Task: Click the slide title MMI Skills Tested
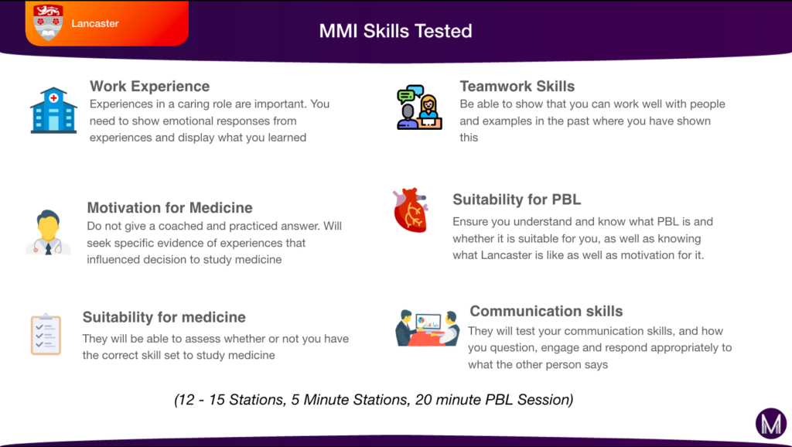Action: click(x=395, y=31)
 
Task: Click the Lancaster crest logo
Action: click(x=49, y=22)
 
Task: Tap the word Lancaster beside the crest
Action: click(x=95, y=23)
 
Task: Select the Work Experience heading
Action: click(x=149, y=86)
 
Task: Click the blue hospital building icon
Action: click(x=53, y=110)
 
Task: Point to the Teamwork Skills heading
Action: click(x=517, y=86)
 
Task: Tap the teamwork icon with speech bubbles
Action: click(x=418, y=107)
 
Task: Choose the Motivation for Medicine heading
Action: click(x=169, y=207)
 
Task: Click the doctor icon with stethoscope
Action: click(x=49, y=231)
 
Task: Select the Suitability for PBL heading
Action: click(x=517, y=200)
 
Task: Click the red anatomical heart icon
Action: click(x=410, y=210)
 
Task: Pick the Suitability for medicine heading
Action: click(x=164, y=317)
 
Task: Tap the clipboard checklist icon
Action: click(x=46, y=334)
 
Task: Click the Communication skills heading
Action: click(x=546, y=311)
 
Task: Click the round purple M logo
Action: click(x=770, y=424)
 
